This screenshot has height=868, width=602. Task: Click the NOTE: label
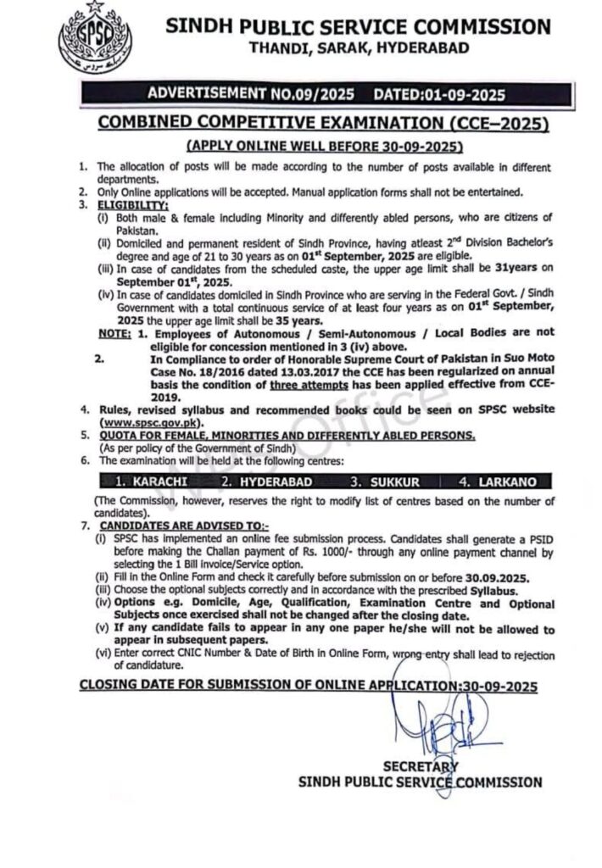click(x=113, y=336)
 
